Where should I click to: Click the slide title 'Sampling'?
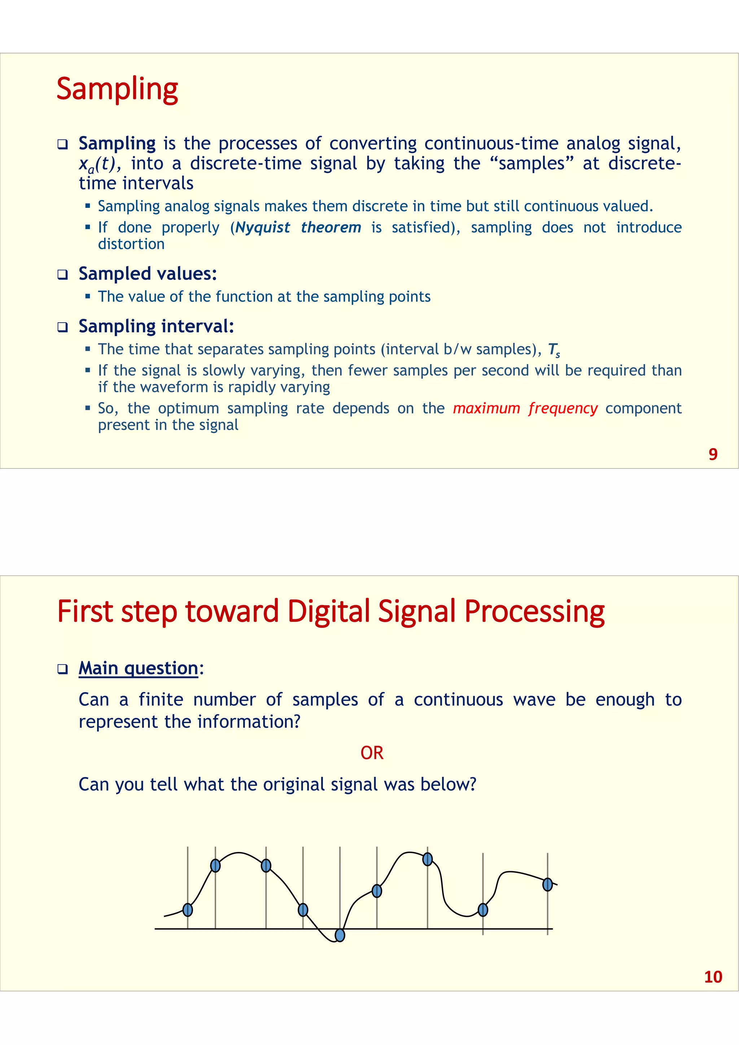pos(117,89)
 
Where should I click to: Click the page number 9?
pos(713,454)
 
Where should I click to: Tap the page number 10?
pos(713,977)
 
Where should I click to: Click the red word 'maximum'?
pos(486,408)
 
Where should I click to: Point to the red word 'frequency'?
pos(563,408)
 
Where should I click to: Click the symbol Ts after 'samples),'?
pos(553,350)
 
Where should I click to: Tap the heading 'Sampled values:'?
pos(148,274)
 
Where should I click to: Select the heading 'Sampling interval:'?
pos(156,326)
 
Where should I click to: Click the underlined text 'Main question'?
pos(138,668)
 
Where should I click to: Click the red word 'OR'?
pos(372,753)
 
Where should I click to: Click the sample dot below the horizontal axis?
pos(340,935)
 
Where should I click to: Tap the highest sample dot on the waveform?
pos(427,859)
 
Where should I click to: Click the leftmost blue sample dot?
pos(188,910)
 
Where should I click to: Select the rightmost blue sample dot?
pos(547,884)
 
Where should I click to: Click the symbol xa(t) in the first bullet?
pos(99,164)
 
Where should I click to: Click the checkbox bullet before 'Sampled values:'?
pos(62,275)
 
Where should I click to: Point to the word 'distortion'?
pos(131,244)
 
